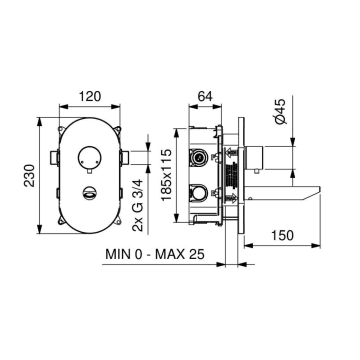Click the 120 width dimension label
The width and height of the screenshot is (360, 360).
pos(90,96)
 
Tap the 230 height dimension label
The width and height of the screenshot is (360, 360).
pos(30,176)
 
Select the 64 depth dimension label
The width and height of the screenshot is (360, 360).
pos(205,96)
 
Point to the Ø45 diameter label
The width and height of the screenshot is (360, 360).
pos(280,112)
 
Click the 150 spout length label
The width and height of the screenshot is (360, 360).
pos(282,236)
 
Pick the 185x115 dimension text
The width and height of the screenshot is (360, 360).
pos(166,175)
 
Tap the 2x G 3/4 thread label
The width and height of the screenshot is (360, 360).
pos(138,205)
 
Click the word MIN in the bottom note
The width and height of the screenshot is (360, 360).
pos(117,255)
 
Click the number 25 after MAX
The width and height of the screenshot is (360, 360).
pos(196,255)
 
